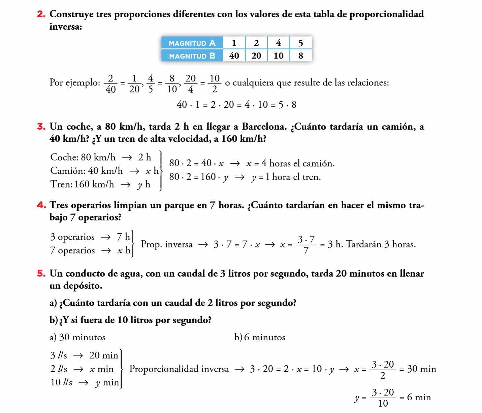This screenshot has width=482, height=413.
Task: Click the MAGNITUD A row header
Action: point(192,43)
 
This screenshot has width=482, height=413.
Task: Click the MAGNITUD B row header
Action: point(192,56)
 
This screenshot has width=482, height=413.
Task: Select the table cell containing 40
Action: point(234,56)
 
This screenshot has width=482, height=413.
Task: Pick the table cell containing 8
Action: point(301,56)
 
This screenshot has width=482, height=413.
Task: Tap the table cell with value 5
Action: point(301,43)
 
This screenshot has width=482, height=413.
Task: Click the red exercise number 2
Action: point(41,14)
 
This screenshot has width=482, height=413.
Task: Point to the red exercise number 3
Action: point(41,127)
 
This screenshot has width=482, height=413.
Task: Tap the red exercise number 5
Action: point(41,274)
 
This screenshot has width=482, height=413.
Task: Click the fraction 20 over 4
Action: point(191,83)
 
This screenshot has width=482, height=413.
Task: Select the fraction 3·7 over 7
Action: point(306,245)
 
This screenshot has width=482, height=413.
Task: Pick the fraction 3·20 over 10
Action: point(383,398)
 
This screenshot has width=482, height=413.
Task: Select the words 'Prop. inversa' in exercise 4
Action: point(167,244)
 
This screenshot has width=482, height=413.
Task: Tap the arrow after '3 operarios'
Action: point(105,237)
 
